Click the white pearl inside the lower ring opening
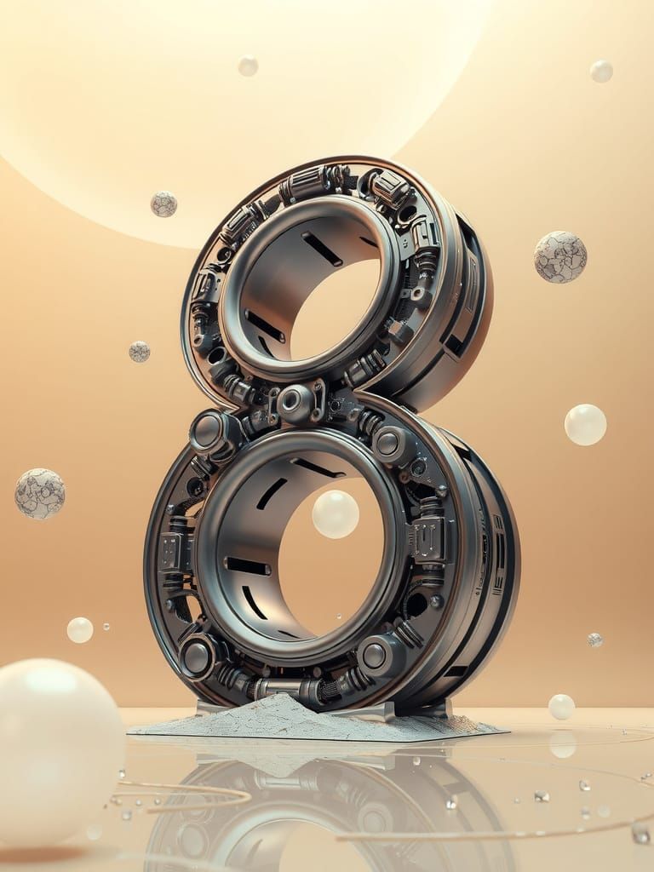(x=336, y=514)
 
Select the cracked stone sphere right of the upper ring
(x=560, y=257)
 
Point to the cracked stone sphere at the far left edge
(x=39, y=494)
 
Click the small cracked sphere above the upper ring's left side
(x=163, y=204)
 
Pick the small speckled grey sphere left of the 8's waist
(x=139, y=352)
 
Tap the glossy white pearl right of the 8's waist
(x=586, y=425)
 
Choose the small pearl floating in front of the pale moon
(x=248, y=66)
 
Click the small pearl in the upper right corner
(x=601, y=72)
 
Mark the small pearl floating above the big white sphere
(x=80, y=630)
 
